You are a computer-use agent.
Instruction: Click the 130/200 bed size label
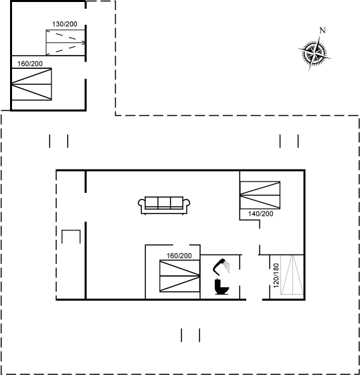point(64,24)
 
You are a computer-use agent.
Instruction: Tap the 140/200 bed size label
point(260,214)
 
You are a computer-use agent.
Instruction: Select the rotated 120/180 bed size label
point(276,275)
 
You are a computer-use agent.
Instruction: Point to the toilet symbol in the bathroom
point(221,287)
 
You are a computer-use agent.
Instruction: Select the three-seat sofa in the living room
point(164,205)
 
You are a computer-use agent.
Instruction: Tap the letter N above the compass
point(323,30)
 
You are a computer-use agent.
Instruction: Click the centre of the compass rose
point(314,53)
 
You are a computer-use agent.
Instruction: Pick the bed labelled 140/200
point(260,195)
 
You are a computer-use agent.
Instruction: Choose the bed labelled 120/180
point(292,275)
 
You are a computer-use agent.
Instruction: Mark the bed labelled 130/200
point(66,42)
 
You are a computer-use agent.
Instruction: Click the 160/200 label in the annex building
point(30,64)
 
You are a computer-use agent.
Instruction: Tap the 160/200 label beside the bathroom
point(179,256)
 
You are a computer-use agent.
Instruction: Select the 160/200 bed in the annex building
point(31,84)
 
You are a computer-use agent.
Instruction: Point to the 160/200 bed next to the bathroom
point(180,276)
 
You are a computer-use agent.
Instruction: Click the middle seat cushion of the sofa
point(164,203)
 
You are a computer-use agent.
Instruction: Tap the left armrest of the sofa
point(141,203)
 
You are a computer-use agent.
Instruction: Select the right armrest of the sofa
point(187,203)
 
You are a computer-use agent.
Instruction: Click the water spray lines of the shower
point(227,267)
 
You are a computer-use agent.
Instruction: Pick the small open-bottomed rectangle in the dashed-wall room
point(71,230)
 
